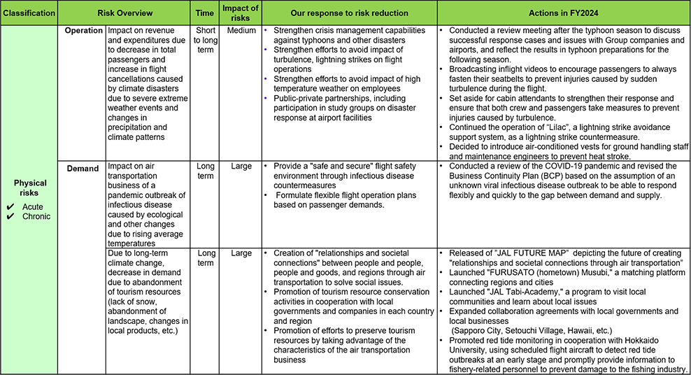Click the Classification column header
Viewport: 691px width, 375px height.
pyautogui.click(x=29, y=13)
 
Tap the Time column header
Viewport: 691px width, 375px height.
pyautogui.click(x=205, y=13)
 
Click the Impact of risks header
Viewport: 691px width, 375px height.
pyautogui.click(x=240, y=13)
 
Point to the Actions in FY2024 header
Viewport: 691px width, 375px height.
pyautogui.click(x=564, y=13)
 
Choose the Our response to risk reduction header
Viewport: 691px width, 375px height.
pyautogui.click(x=349, y=13)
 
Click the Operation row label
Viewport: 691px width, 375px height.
pyautogui.click(x=83, y=31)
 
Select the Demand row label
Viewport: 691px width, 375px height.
pyautogui.click(x=83, y=169)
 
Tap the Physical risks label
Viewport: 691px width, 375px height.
pyautogui.click(x=29, y=188)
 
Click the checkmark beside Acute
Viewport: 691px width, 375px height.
pyautogui.click(x=10, y=207)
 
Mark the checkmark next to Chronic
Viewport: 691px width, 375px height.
pyautogui.click(x=10, y=216)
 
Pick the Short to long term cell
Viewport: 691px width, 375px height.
pyautogui.click(x=205, y=41)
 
